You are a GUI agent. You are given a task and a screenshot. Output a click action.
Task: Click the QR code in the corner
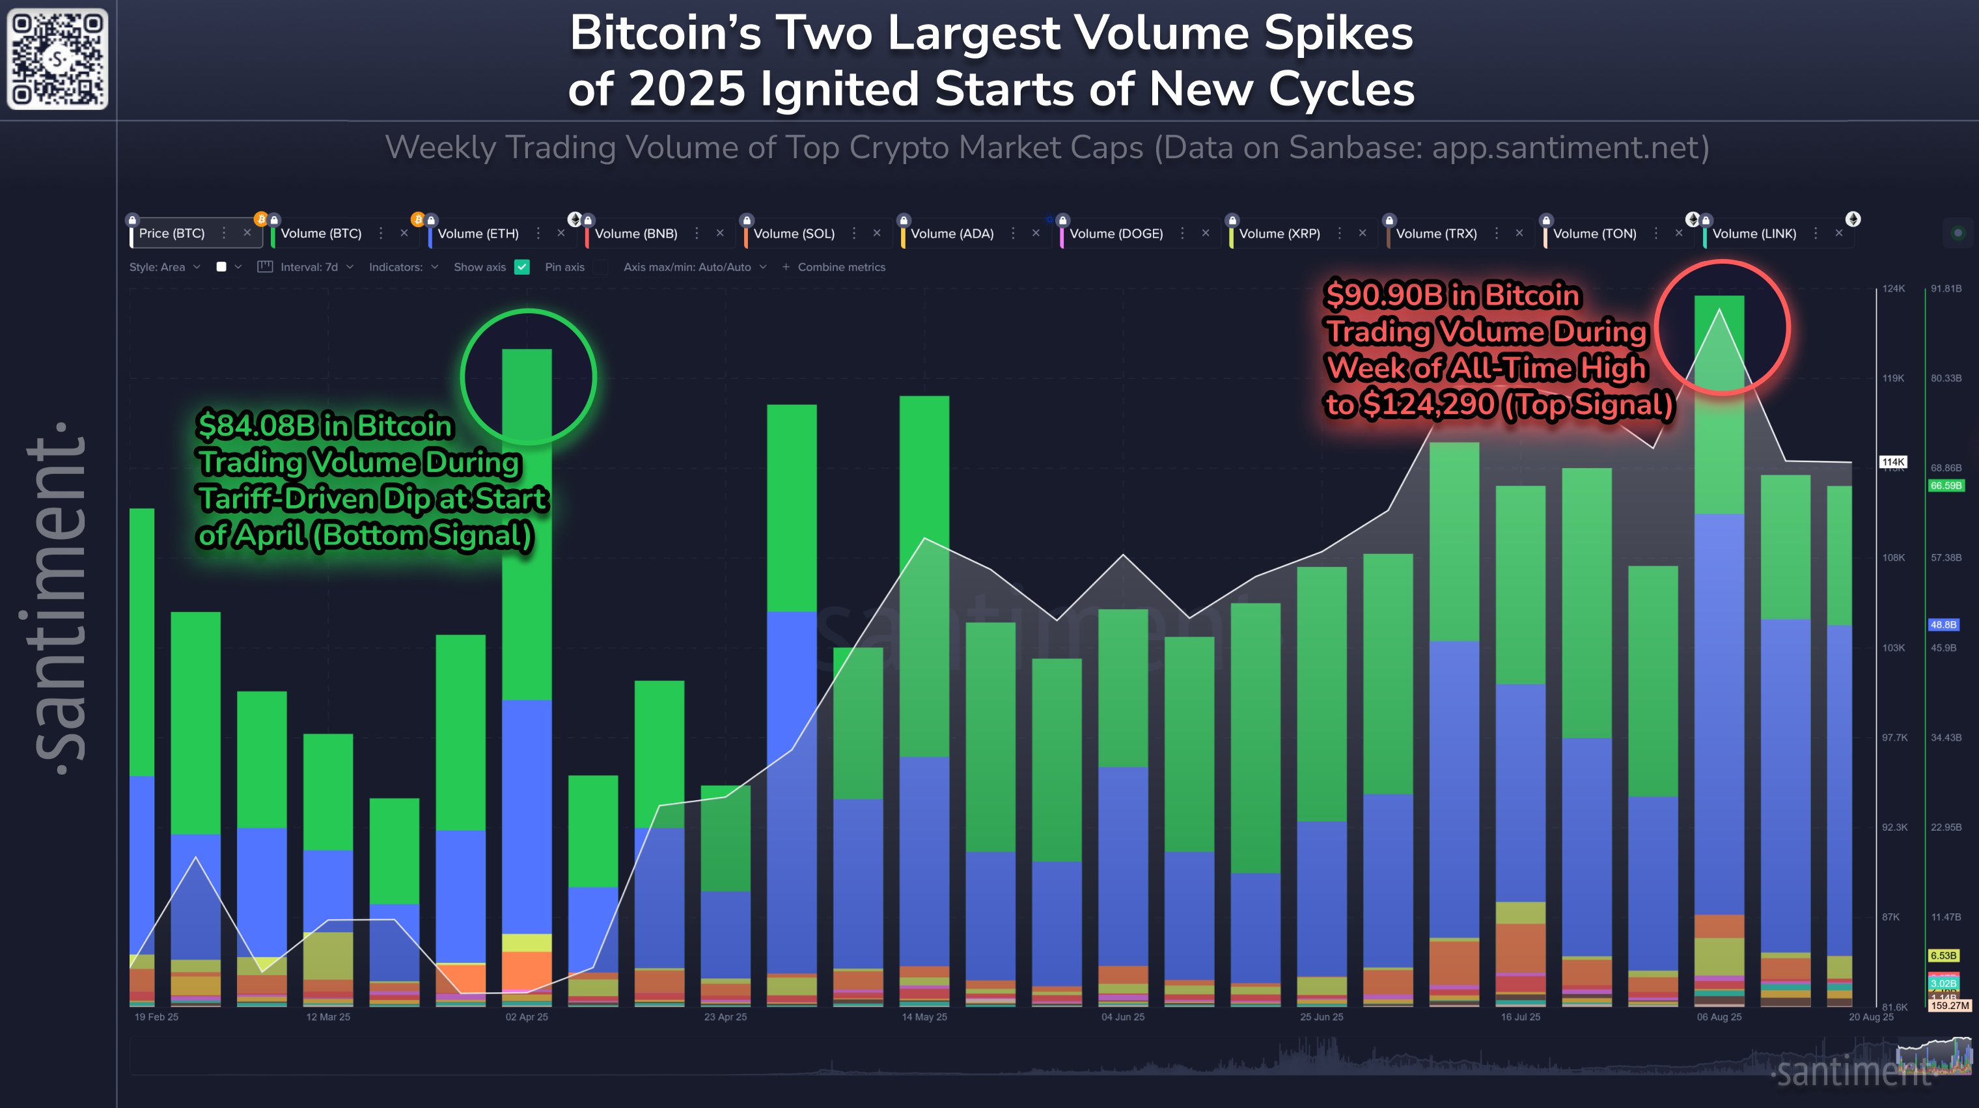58,59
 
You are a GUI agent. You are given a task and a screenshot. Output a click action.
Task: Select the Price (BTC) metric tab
171,233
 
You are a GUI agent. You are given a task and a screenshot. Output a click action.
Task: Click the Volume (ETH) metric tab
478,234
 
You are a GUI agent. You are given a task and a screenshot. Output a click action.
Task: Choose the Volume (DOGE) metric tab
1116,234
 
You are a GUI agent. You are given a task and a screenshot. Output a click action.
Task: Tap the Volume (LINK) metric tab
1753,234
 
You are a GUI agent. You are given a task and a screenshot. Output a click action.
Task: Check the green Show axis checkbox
522,267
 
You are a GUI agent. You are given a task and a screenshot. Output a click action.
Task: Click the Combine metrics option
840,267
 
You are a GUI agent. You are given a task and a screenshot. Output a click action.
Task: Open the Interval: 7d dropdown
308,267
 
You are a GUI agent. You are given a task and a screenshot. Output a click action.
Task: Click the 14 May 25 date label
924,1017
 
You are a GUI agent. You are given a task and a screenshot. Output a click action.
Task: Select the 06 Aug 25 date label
1719,1017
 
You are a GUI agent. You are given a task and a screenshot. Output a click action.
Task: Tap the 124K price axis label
1893,288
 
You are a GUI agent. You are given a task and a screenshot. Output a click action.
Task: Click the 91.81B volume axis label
1945,288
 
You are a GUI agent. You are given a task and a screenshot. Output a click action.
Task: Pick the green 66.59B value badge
1945,486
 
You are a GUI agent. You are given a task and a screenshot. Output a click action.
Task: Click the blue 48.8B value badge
1943,625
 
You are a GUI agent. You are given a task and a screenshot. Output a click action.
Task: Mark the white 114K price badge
1893,462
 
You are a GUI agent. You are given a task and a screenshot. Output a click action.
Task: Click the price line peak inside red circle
1719,310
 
